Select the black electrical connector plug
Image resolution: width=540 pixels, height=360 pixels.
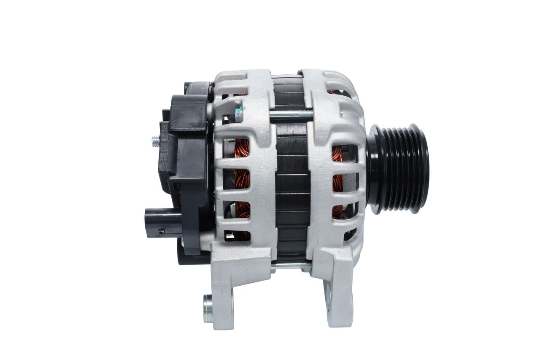point(158,222)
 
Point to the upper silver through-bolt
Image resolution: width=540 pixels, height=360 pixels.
point(291,114)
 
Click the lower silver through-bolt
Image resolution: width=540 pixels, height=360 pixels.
point(291,266)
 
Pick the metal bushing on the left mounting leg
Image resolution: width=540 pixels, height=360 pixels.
point(208,308)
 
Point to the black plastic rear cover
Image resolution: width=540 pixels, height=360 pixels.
point(186,160)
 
